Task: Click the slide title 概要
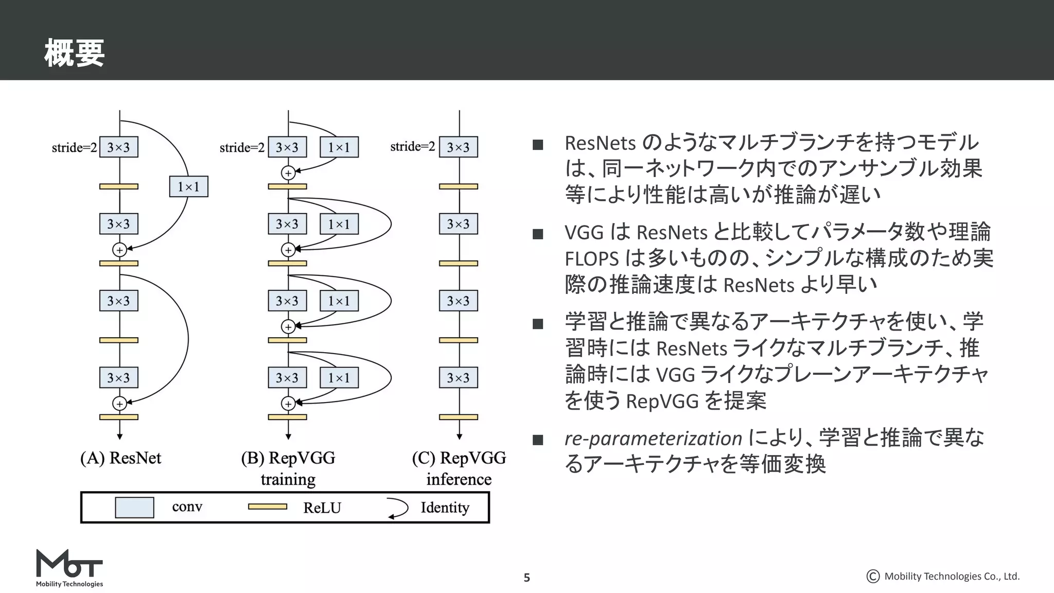(x=74, y=54)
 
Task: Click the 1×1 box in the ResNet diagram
(x=188, y=186)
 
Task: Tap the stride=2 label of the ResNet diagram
(x=74, y=148)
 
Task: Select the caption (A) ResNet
(x=120, y=458)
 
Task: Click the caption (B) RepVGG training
(x=288, y=468)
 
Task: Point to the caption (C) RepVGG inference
(x=459, y=468)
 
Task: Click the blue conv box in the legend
(x=134, y=507)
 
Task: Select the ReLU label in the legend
(x=322, y=508)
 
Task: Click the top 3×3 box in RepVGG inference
(x=458, y=147)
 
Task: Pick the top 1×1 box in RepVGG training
(x=339, y=147)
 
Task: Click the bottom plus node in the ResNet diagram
(x=119, y=404)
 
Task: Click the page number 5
(x=526, y=578)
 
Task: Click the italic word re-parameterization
(x=653, y=439)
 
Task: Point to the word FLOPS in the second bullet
(x=591, y=258)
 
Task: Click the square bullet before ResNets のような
(x=538, y=145)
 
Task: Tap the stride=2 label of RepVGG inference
(x=412, y=147)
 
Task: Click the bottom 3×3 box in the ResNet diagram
(x=118, y=378)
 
